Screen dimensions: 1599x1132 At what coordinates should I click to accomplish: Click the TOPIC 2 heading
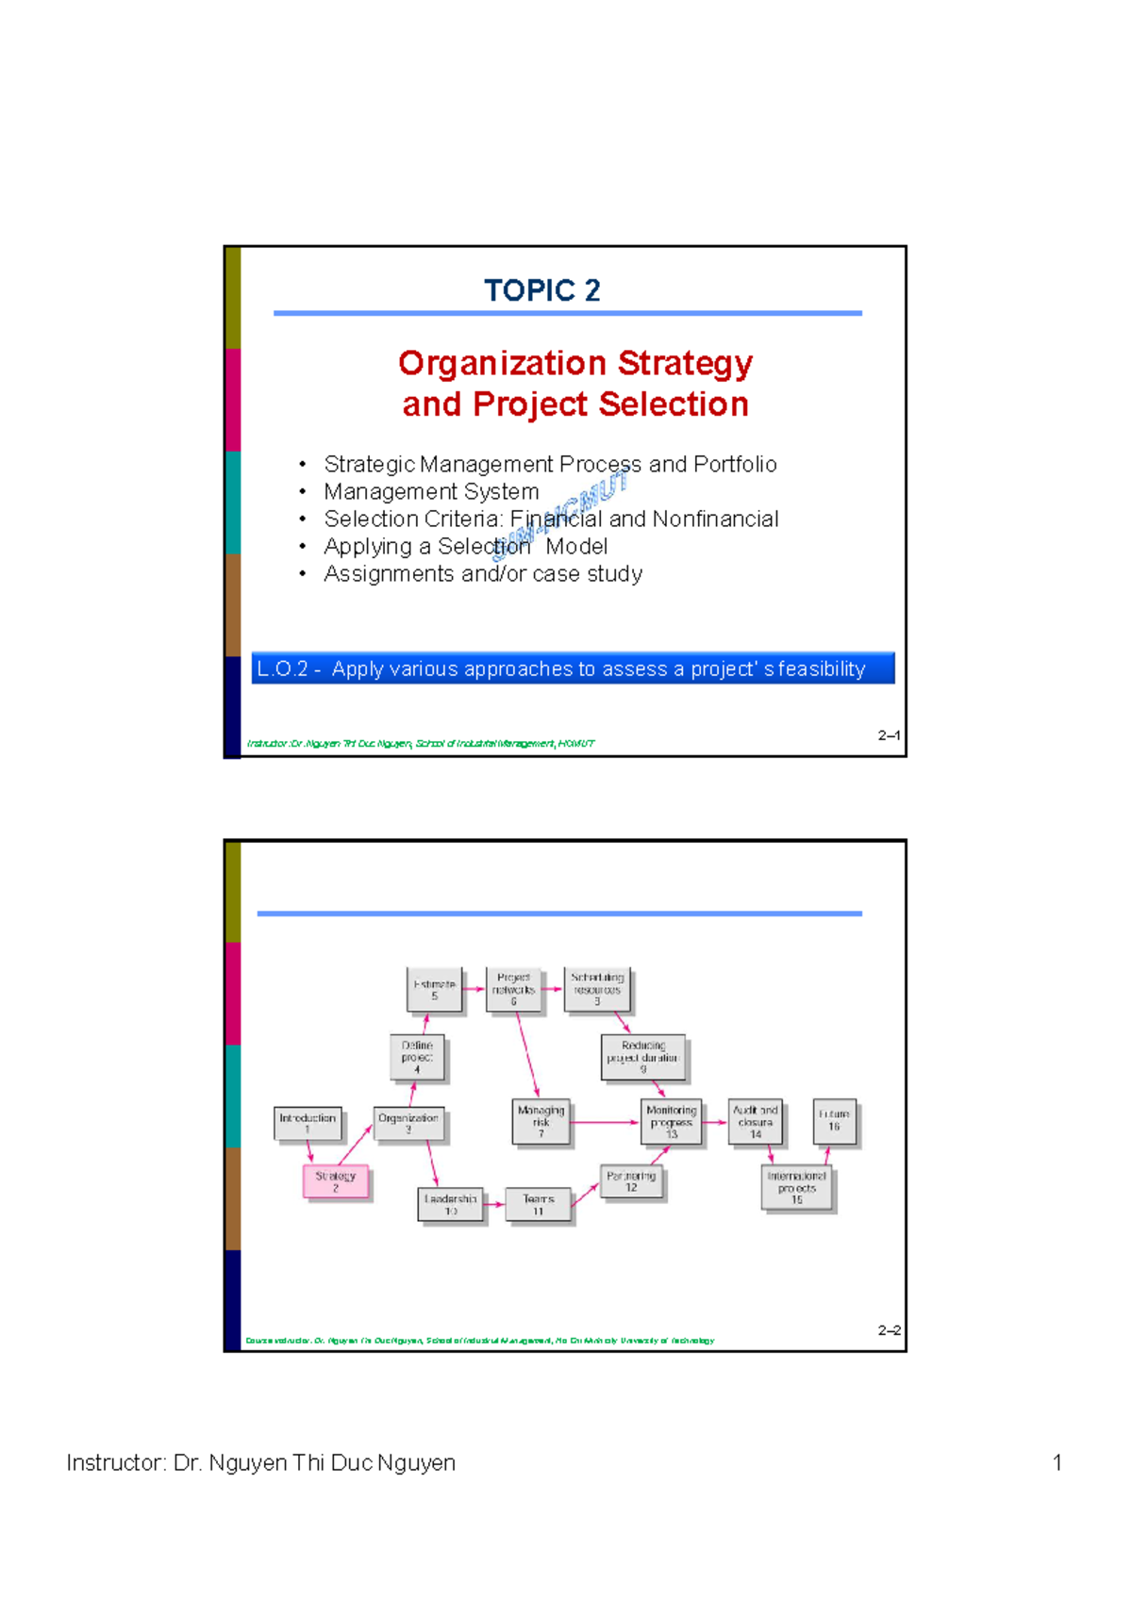coord(542,290)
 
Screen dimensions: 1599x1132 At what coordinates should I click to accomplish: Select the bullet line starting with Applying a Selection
coord(465,547)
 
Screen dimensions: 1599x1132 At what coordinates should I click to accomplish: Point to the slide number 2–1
coord(889,735)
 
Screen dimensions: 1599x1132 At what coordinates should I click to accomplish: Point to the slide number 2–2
coord(889,1330)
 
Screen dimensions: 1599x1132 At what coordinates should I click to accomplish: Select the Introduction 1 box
coord(308,1123)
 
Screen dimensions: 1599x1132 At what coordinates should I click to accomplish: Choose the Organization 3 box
coord(408,1123)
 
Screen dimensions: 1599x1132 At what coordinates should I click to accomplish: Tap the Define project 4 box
coord(417,1058)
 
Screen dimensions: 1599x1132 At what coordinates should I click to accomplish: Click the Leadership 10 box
coord(450,1205)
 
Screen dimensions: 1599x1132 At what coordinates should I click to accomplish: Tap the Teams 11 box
coord(538,1205)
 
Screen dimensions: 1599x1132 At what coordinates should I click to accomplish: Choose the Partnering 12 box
coord(631,1182)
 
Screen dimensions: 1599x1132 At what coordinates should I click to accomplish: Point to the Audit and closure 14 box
coord(756,1122)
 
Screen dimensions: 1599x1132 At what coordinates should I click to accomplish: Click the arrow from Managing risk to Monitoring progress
coord(606,1122)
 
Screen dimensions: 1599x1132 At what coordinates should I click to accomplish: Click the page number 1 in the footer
coord(1057,1462)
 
